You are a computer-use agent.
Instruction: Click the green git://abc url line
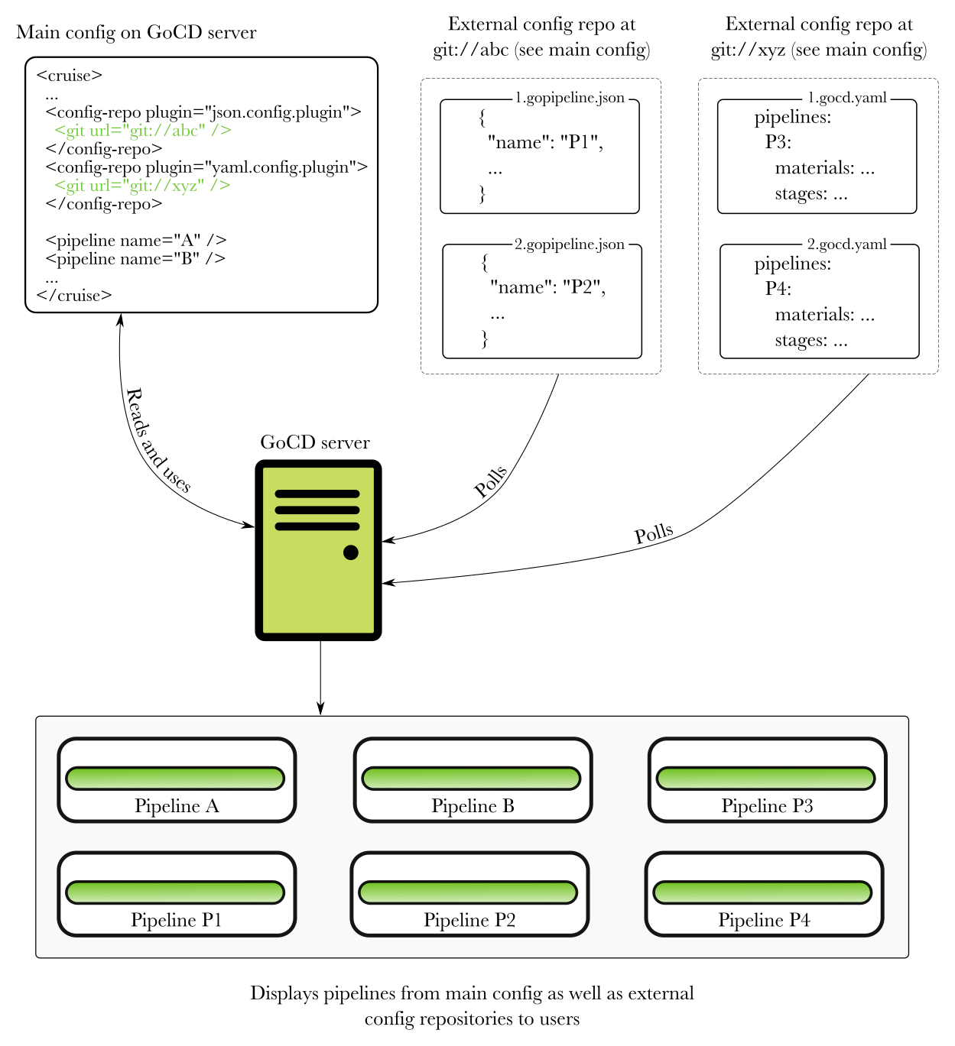142,131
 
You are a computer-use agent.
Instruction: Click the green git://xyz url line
142,186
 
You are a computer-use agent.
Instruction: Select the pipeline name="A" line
135,241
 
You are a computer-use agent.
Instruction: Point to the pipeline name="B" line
135,259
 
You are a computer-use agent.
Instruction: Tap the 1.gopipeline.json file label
570,98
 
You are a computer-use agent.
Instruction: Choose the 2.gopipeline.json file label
570,244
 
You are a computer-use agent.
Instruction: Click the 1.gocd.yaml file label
847,98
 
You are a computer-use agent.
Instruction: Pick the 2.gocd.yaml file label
847,244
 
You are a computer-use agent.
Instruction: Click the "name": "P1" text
545,143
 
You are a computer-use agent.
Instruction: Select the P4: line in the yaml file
778,289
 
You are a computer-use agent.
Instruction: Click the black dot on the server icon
351,552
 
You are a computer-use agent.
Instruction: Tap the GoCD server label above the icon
315,442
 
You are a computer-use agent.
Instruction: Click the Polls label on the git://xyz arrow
654,534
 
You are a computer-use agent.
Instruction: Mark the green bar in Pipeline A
175,779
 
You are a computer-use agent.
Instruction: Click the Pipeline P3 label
767,806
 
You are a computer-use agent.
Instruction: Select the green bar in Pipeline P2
468,892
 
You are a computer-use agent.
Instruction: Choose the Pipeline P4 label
764,920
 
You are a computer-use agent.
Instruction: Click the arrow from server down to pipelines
320,676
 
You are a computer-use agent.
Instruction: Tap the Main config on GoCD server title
136,33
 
